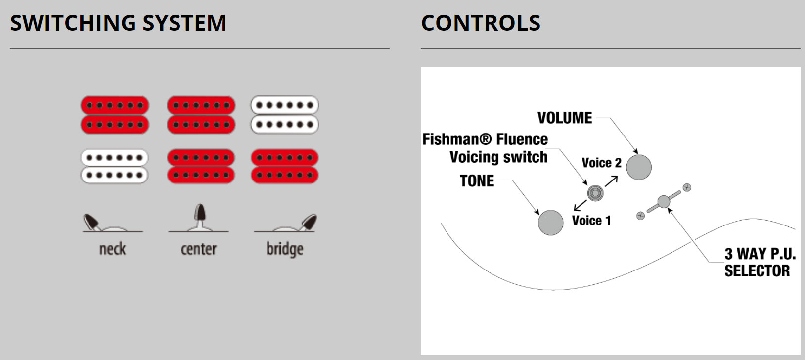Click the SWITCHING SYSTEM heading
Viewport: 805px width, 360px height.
click(x=118, y=23)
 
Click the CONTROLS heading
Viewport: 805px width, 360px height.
click(x=481, y=23)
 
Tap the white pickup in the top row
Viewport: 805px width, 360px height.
click(x=284, y=115)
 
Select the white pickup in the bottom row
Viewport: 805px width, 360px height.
click(x=114, y=167)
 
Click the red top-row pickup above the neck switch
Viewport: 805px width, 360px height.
click(x=115, y=115)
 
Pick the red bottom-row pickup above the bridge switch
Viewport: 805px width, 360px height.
click(x=284, y=167)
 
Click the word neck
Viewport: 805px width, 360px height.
click(x=113, y=249)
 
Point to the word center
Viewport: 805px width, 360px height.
click(x=199, y=249)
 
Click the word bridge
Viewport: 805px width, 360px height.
click(x=285, y=249)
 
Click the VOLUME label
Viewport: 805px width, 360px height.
click(x=564, y=118)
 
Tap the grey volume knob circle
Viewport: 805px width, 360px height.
click(x=639, y=167)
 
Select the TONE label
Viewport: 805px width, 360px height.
click(x=477, y=181)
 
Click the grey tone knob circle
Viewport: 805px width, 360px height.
click(x=550, y=222)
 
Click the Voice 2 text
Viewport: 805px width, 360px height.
click(x=601, y=163)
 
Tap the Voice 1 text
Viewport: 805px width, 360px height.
click(x=591, y=221)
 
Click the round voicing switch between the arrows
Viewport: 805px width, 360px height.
click(x=595, y=193)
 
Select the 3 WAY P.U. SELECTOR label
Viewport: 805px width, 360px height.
click(x=760, y=263)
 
